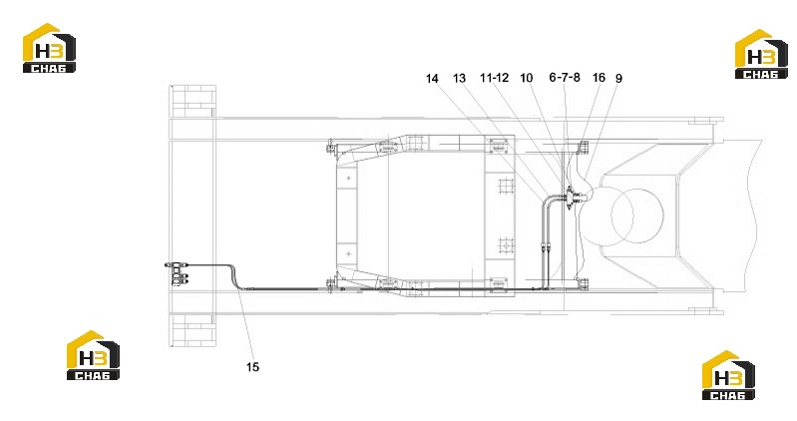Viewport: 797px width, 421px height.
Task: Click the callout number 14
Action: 432,79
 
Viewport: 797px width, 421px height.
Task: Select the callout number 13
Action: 459,78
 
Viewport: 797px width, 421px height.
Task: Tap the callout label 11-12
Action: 494,77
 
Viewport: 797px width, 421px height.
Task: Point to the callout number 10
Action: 526,78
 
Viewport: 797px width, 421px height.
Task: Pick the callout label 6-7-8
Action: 565,77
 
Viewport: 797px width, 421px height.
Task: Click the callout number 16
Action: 598,77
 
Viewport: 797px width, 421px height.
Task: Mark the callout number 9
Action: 618,78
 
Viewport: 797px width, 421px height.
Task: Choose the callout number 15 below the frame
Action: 252,366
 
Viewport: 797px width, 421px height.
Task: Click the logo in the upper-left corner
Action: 49,48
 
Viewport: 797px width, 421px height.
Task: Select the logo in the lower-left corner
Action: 93,355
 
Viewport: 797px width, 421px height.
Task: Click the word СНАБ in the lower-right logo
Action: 728,395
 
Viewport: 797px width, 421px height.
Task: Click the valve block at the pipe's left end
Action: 178,273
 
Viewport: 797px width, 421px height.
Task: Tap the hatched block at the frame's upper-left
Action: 193,101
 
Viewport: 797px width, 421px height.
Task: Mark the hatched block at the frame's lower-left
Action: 193,330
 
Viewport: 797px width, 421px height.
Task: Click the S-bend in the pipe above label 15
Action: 234,276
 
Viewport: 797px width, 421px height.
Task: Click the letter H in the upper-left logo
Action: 41,51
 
